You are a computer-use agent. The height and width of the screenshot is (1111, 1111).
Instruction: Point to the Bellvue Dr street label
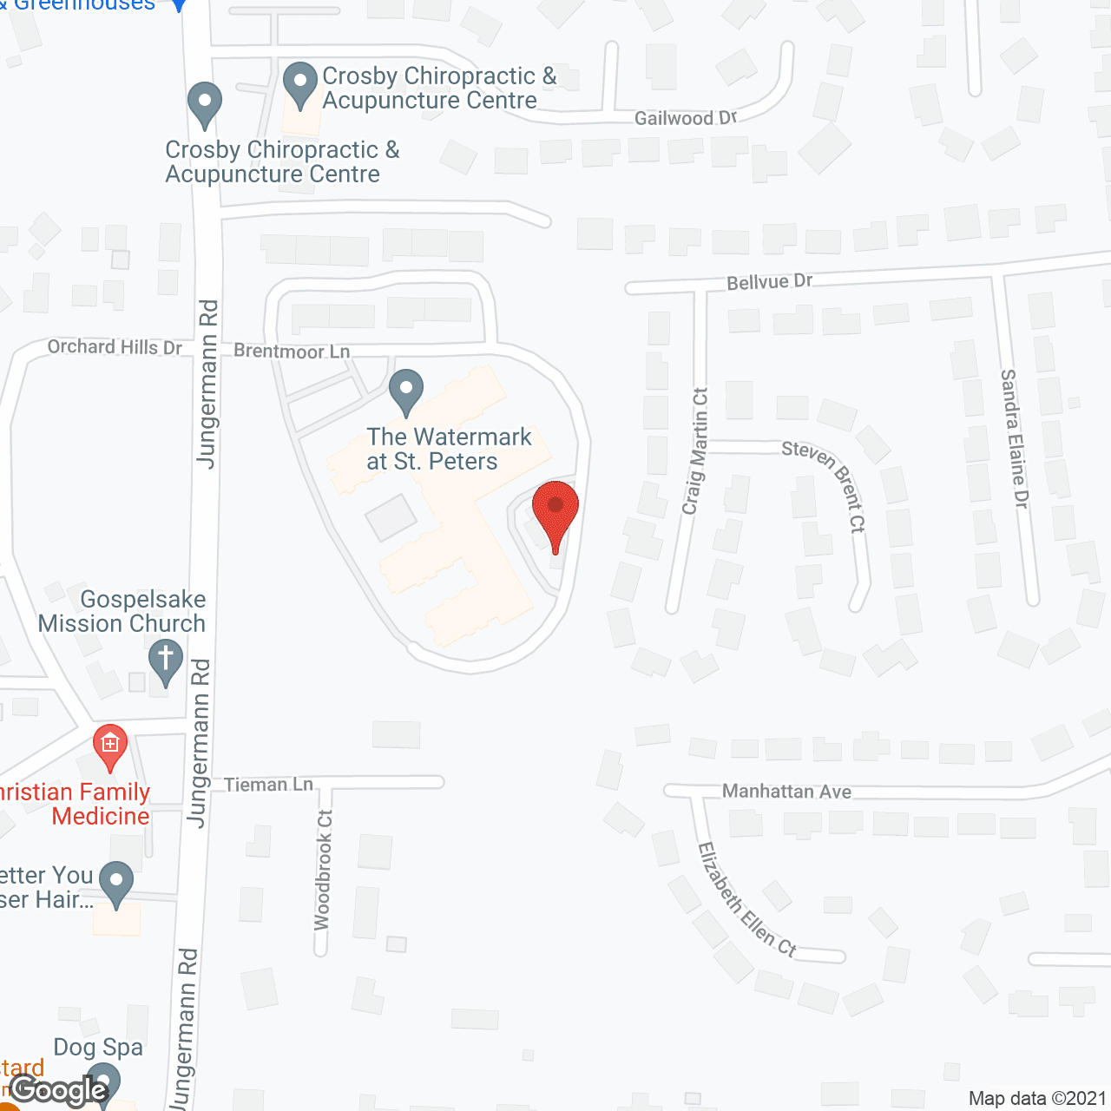(769, 281)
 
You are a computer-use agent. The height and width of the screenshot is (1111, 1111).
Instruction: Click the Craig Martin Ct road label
(694, 450)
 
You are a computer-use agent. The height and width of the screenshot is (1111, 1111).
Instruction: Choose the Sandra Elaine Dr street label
(1014, 438)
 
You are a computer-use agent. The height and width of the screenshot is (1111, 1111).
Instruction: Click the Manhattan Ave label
(786, 792)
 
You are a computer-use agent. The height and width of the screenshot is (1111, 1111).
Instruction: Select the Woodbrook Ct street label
(323, 870)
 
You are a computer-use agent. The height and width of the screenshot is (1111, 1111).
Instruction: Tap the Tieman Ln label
(268, 785)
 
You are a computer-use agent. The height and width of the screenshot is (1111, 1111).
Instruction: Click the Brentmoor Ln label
(292, 352)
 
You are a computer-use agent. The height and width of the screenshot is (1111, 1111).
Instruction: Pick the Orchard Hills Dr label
(115, 347)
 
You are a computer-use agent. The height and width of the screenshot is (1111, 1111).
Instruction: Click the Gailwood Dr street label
(685, 118)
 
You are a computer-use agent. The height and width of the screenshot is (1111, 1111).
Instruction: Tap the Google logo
(59, 1090)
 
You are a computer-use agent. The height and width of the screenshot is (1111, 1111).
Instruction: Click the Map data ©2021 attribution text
(1037, 1099)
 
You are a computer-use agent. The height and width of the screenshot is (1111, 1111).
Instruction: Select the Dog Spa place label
(98, 1048)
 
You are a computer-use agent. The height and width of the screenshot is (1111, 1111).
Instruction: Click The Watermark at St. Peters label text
(449, 449)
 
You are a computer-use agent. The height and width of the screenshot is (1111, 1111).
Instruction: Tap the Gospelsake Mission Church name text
(122, 611)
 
